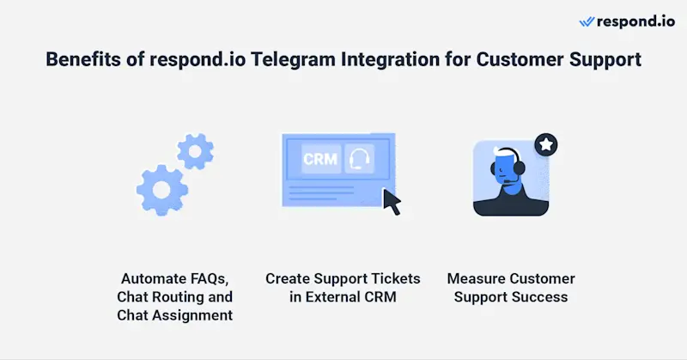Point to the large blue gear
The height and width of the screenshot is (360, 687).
163,186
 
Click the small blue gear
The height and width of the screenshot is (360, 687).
195,151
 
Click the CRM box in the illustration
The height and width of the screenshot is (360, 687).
319,159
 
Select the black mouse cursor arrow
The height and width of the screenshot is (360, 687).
392,202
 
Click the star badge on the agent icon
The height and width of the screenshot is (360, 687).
544,145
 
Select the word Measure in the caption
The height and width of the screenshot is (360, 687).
477,279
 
